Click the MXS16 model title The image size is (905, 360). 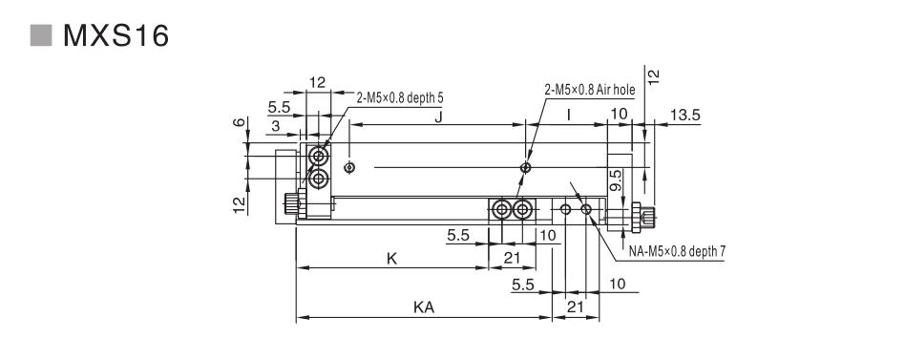coord(116,35)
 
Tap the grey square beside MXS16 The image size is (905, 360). coord(41,35)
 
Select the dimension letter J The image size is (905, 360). coord(438,116)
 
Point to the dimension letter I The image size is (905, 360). coord(569,116)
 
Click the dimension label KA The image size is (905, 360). coord(424,307)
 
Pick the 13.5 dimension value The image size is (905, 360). coord(685,115)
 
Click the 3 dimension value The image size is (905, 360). coord(275,126)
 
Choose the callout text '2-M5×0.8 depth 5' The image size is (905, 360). coord(400,98)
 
